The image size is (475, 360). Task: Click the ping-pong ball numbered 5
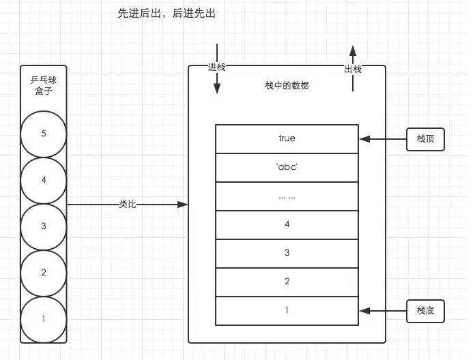pos(44,134)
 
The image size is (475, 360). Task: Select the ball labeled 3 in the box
pos(44,227)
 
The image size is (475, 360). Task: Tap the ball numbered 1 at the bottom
pos(44,320)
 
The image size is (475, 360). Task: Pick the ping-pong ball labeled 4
pos(44,181)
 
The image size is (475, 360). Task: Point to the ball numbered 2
pos(44,273)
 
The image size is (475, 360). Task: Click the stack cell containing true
pos(287,139)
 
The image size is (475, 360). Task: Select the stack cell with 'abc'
pos(287,168)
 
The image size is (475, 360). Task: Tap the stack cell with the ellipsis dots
pos(287,196)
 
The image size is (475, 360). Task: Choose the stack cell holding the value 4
pos(287,225)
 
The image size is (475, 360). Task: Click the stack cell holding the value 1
pos(287,311)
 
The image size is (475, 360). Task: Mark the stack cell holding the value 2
pos(287,282)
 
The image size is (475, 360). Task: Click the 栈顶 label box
pos(425,139)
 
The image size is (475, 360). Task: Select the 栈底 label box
pos(425,311)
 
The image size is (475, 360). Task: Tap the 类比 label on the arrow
pos(128,205)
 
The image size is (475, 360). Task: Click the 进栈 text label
pos(216,67)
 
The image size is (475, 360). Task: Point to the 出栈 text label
pos(353,70)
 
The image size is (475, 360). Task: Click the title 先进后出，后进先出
pos(167,14)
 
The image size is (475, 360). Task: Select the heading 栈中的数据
pos(287,86)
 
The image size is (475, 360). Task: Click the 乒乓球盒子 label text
pos(44,85)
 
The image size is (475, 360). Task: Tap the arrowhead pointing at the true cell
pos(365,139)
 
